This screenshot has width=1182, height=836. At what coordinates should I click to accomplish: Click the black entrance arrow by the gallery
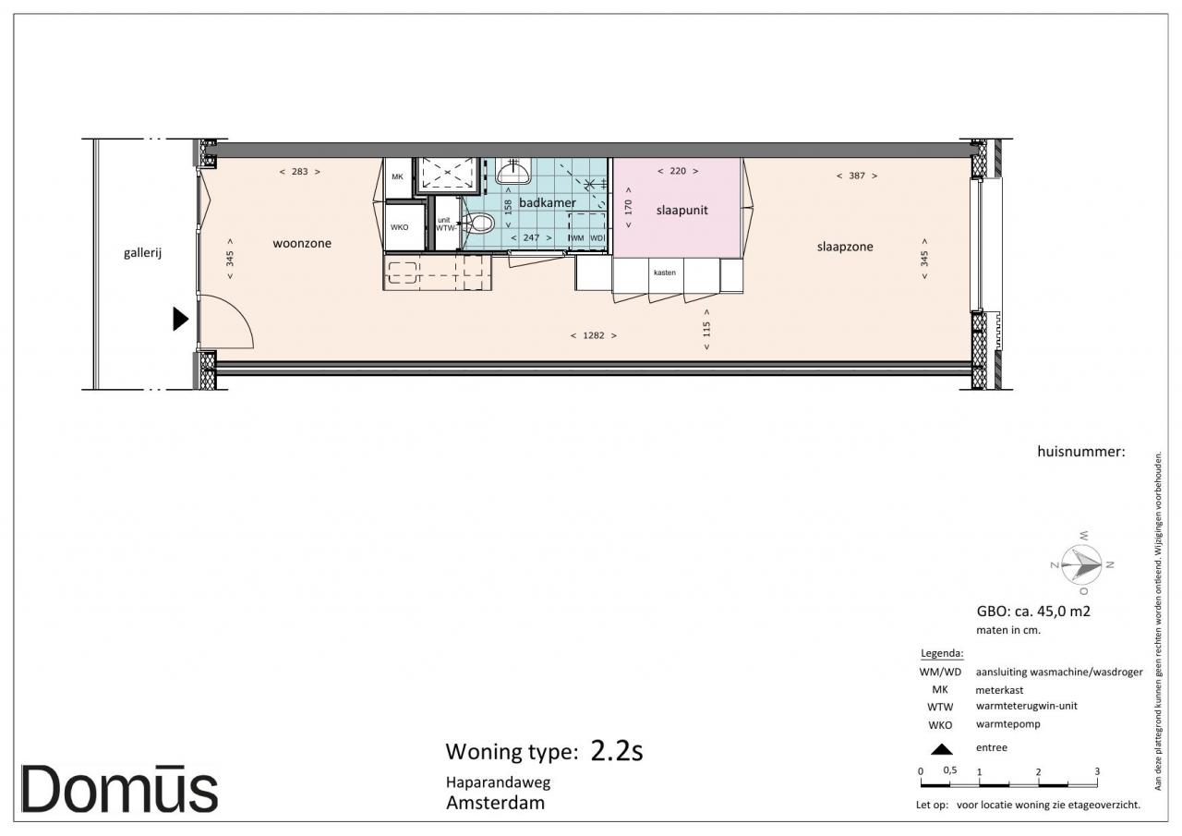pos(180,319)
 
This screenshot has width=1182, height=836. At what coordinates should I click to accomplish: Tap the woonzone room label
pos(302,243)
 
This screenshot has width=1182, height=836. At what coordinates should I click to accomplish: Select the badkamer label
pos(548,202)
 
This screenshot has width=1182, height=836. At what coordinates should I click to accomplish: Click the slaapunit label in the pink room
pos(681,210)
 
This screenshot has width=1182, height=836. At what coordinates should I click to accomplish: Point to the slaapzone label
pos(845,247)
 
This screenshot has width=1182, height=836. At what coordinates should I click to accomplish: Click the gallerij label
pos(142,253)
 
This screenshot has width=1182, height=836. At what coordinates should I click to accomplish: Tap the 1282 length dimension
pos(594,335)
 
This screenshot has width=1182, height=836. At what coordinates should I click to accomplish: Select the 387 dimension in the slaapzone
pos(857,176)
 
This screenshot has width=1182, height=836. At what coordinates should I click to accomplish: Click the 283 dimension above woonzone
pos(300,172)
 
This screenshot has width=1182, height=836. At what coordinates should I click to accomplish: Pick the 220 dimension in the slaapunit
pos(678,171)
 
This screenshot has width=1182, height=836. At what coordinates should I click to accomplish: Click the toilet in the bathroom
pos(480,224)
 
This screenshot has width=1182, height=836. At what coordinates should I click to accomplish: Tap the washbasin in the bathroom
pos(513,170)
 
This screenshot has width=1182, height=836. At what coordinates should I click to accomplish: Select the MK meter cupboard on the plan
pos(398,178)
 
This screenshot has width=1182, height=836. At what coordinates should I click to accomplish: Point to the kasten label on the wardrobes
pos(664,273)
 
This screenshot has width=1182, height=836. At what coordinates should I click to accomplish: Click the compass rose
pos(1081,564)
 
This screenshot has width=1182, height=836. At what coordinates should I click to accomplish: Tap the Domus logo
pos(119,790)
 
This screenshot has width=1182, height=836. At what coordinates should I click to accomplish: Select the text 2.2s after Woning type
pos(616,750)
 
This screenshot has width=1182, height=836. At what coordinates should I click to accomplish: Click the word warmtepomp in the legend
pos(1007,724)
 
